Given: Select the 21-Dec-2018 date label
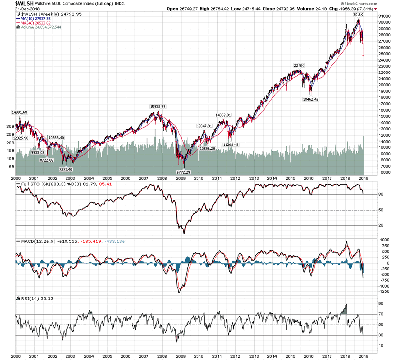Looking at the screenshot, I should pos(15,10).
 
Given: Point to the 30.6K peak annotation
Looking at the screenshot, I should pos(358,15).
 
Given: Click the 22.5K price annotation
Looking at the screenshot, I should pos(299,65).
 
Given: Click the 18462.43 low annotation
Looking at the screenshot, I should pos(315,99).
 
